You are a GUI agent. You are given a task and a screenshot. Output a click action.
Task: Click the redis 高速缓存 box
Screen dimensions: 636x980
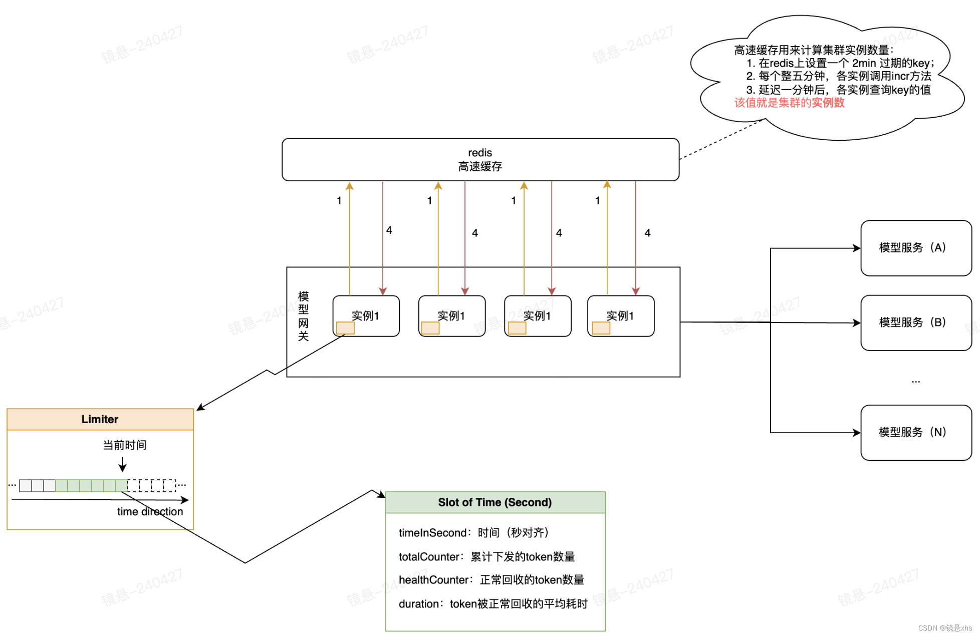480,159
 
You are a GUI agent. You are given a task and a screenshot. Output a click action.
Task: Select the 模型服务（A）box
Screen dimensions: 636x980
915,248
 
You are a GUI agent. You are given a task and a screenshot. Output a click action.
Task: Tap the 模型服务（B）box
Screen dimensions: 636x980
915,323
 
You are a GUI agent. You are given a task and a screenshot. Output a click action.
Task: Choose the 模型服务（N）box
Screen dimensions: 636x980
915,432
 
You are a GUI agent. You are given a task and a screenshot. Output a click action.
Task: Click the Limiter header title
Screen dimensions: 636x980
100,419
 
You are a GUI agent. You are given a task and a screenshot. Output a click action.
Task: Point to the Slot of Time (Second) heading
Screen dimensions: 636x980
495,502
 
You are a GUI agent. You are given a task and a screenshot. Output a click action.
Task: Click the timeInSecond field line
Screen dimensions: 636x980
473,533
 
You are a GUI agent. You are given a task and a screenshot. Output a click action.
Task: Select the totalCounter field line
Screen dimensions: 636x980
486,557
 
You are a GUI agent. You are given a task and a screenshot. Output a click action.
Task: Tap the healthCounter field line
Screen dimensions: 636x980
491,580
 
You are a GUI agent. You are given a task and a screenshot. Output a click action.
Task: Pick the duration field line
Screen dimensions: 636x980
493,604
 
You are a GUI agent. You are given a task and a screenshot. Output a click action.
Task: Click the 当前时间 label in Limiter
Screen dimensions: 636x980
125,445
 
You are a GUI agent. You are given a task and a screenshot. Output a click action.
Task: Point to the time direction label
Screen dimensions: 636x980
150,512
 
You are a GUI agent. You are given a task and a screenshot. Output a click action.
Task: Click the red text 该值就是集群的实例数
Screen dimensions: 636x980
789,103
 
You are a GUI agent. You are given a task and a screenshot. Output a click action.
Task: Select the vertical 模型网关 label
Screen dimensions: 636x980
303,316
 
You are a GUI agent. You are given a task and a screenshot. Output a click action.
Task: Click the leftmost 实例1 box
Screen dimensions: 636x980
366,315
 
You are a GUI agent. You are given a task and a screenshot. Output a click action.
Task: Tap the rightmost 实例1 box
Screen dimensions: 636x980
620,315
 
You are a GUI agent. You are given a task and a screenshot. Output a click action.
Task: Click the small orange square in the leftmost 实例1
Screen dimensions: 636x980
345,328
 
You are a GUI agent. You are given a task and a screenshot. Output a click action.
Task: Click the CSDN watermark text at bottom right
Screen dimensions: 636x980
944,628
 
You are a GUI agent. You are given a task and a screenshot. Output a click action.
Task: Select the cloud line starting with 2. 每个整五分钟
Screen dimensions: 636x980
838,76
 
